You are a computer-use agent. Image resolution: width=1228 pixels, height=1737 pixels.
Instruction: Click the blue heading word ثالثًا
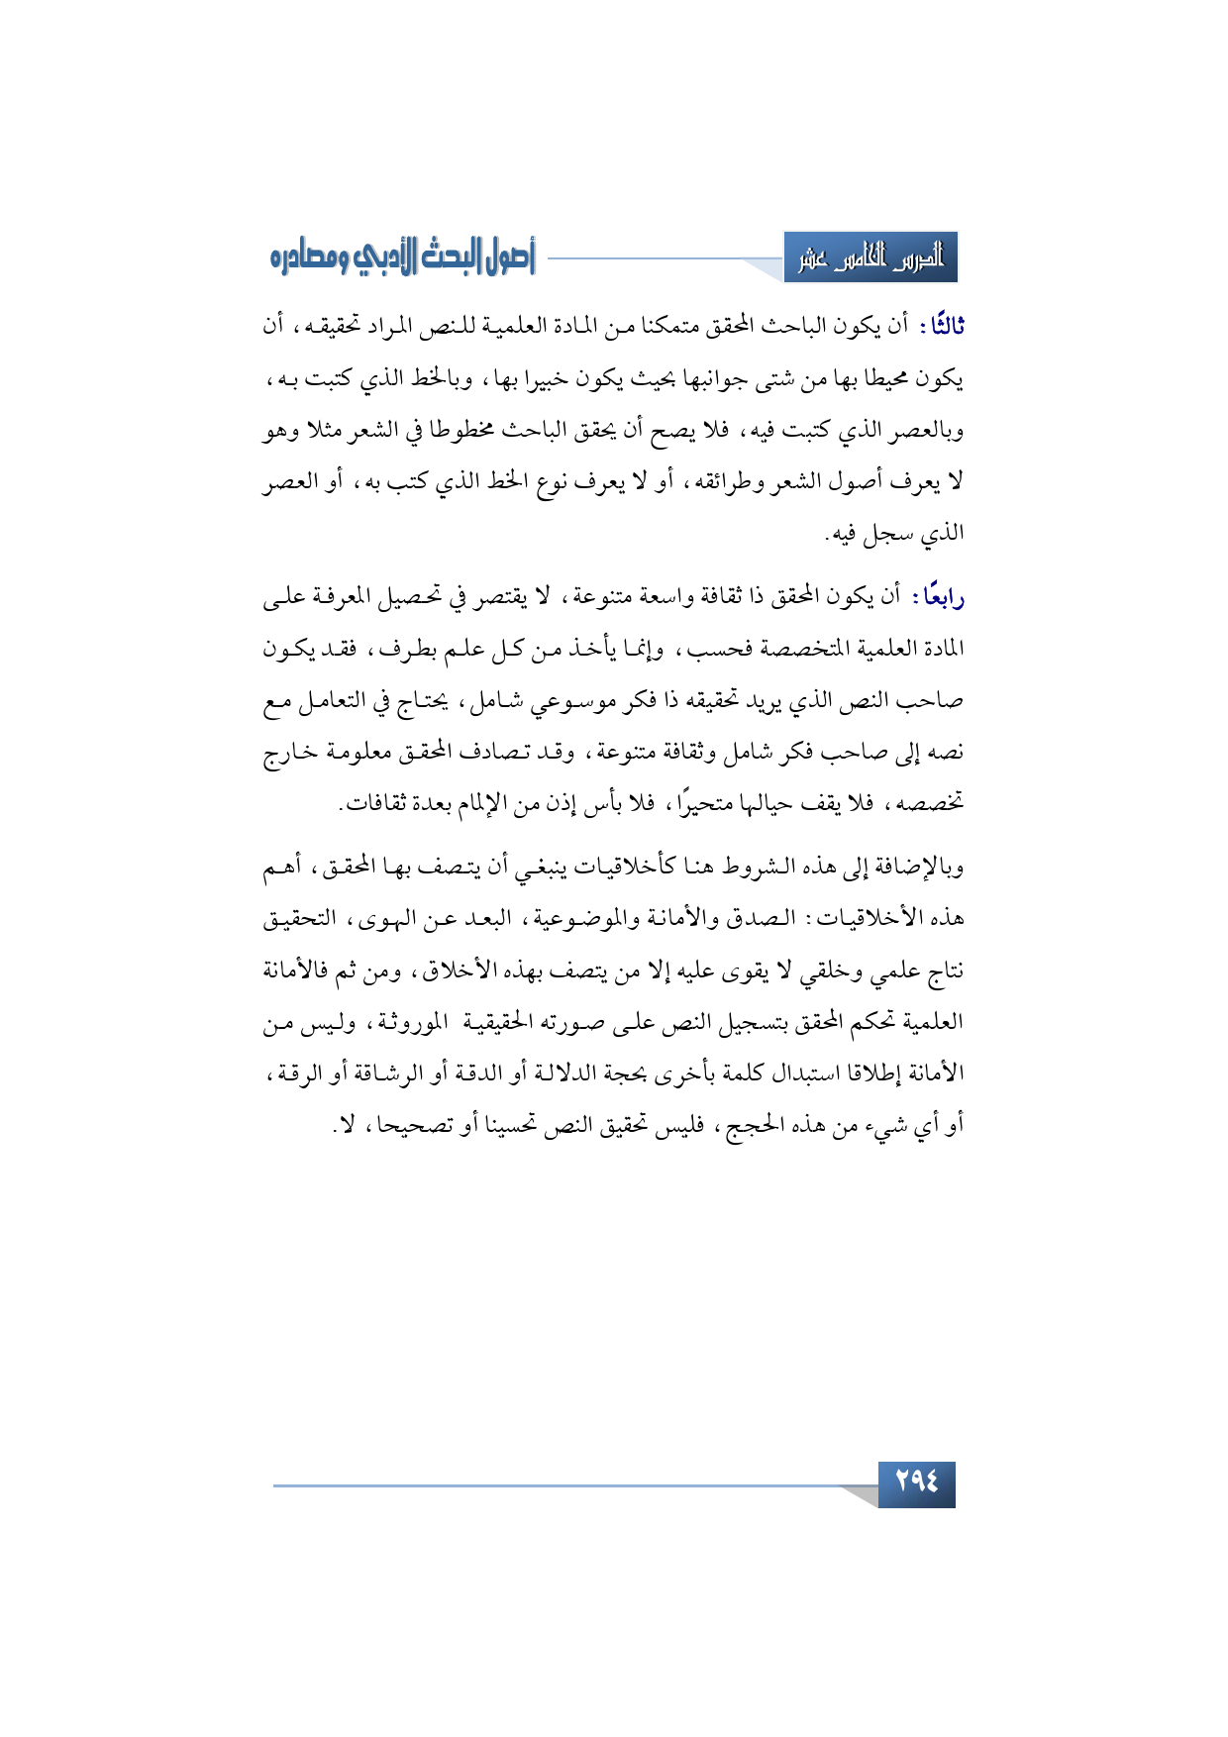click(x=943, y=326)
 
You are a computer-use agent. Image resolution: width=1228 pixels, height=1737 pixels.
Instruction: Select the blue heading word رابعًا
click(x=942, y=596)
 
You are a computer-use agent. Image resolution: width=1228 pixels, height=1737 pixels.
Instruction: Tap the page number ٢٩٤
click(x=916, y=1482)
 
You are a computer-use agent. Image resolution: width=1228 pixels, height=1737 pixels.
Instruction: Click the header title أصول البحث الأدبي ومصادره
click(x=402, y=258)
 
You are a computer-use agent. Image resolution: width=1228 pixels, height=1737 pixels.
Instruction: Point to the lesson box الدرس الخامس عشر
click(x=870, y=258)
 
